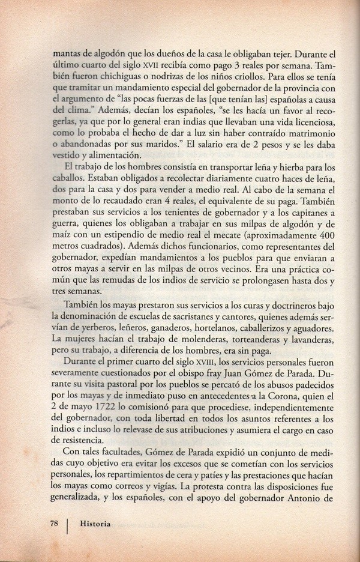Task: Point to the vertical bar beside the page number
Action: point(67,525)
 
